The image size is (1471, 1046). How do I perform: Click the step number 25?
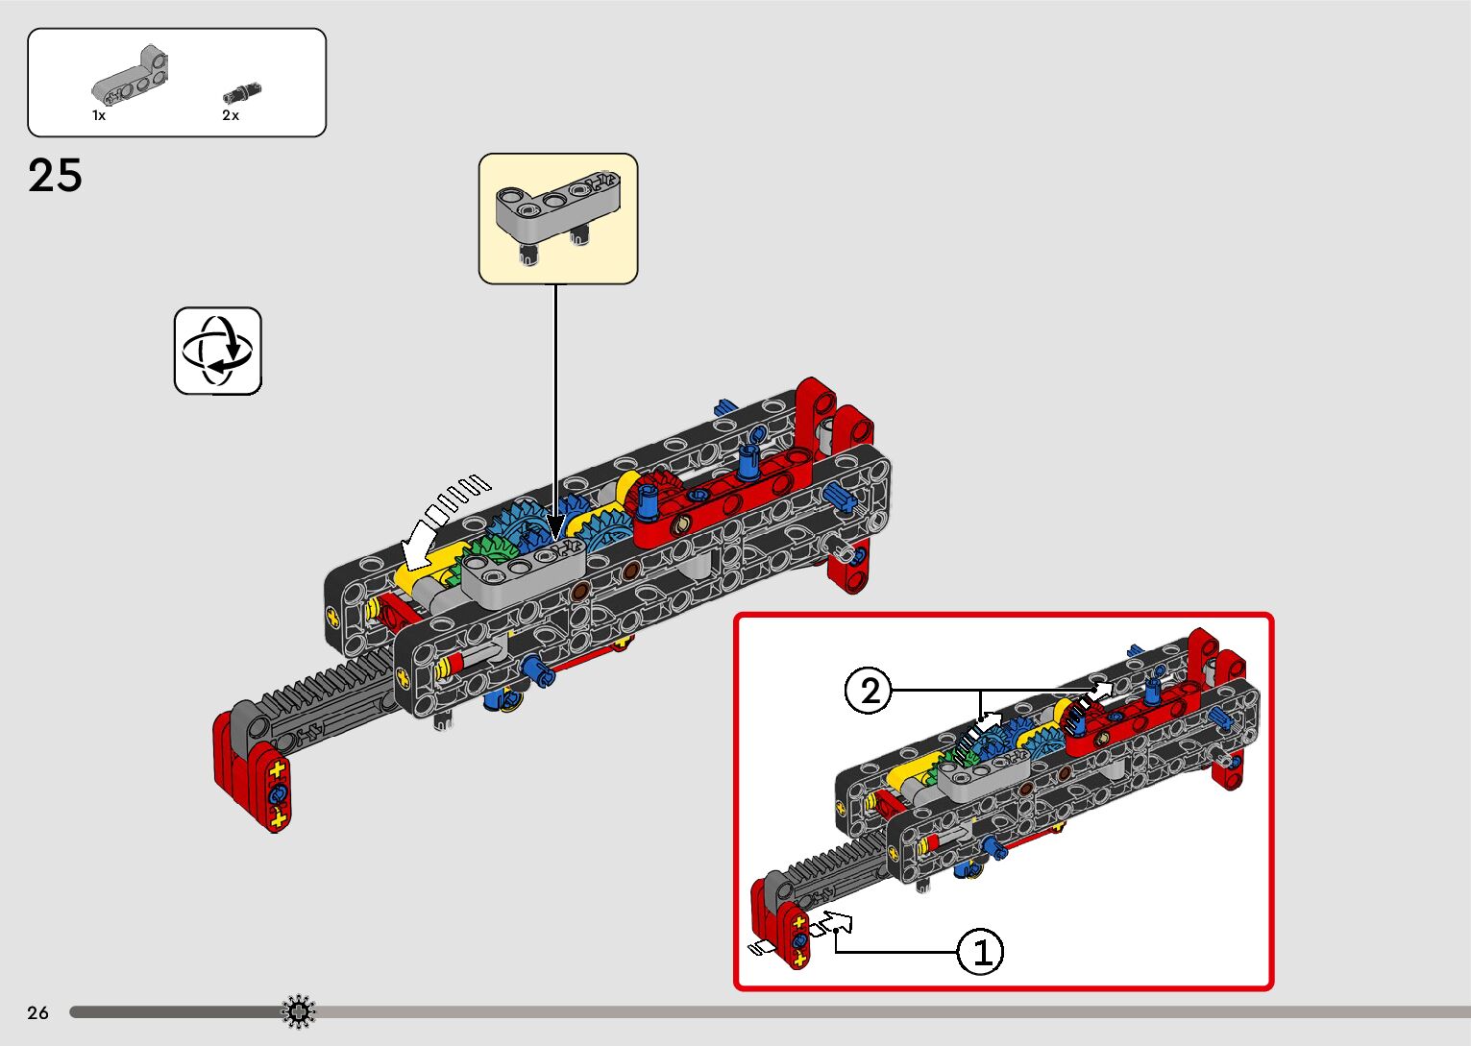tap(55, 176)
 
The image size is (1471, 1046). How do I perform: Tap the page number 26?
tap(37, 1012)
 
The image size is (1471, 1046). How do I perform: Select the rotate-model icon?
tap(218, 351)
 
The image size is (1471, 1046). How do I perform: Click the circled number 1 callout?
tap(981, 952)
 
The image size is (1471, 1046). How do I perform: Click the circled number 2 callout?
tap(870, 691)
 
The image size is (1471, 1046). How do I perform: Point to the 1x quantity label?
tap(99, 115)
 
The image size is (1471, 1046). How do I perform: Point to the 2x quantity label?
tap(231, 115)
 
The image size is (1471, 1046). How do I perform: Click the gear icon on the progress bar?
tap(298, 1011)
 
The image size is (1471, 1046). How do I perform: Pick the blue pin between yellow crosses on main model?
tap(279, 794)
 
